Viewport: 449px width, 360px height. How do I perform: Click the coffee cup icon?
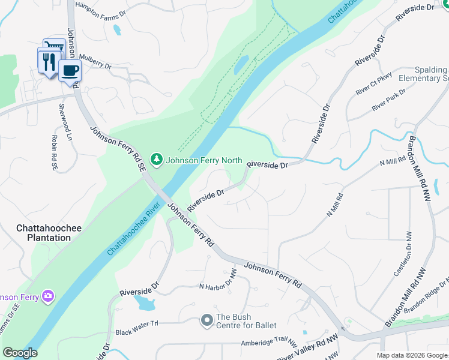pos(70,70)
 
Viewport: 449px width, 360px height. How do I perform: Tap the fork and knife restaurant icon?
pos(49,62)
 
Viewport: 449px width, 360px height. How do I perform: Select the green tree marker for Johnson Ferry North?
pos(157,160)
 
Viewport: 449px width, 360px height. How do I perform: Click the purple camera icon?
pos(47,296)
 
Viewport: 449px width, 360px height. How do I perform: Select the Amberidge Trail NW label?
pos(269,343)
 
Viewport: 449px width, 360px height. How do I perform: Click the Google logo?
pos(20,353)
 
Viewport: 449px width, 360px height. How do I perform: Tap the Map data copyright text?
pos(411,355)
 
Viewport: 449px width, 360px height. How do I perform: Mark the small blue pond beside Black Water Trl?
pos(145,302)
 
